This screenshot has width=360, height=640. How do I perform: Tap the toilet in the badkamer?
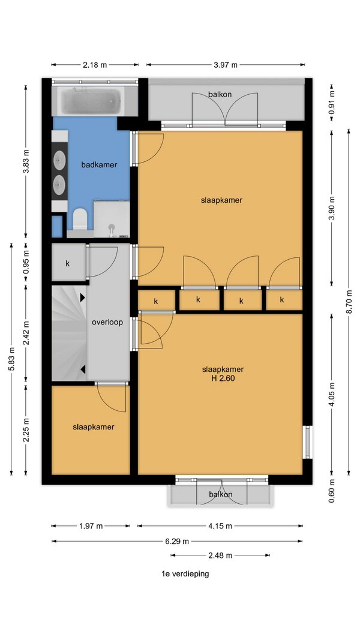pyautogui.click(x=80, y=219)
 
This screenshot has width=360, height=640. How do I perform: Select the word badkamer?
pyautogui.click(x=99, y=165)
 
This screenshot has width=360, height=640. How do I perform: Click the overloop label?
pyautogui.click(x=107, y=322)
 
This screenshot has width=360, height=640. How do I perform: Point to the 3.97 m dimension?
pyautogui.click(x=226, y=65)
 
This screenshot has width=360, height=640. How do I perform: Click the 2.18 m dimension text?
pyautogui.click(x=95, y=65)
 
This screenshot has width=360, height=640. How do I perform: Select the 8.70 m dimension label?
pyautogui.click(x=349, y=302)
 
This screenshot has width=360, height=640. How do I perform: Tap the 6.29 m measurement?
pyautogui.click(x=177, y=542)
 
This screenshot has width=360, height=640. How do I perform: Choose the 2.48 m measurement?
pyautogui.click(x=220, y=555)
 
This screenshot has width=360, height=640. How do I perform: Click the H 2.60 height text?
pyautogui.click(x=223, y=378)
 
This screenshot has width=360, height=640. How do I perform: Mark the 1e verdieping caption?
pyautogui.click(x=185, y=574)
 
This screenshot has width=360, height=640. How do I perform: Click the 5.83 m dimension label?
pyautogui.click(x=11, y=359)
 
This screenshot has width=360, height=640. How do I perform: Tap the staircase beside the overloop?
pyautogui.click(x=69, y=333)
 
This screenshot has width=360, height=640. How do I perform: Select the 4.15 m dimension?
pyautogui.click(x=220, y=526)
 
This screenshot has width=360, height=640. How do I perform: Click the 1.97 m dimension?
pyautogui.click(x=91, y=526)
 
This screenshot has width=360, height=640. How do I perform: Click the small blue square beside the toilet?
pyautogui.click(x=57, y=227)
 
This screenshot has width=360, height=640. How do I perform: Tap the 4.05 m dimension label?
pyautogui.click(x=332, y=395)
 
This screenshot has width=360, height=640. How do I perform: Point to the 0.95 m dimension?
pyautogui.click(x=26, y=262)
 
